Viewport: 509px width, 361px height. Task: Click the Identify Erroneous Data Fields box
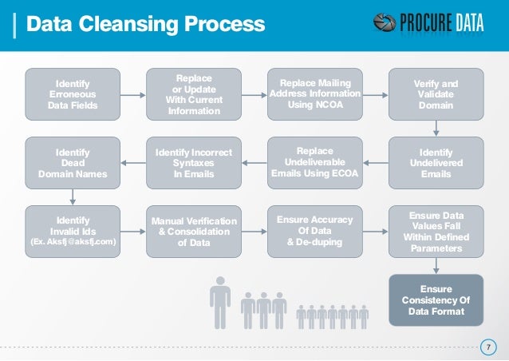tap(73, 94)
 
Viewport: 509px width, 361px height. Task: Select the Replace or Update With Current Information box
tap(192, 94)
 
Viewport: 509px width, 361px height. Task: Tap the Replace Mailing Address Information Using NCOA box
tap(314, 94)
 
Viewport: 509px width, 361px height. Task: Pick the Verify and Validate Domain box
tap(436, 94)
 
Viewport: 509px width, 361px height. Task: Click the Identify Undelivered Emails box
tap(436, 163)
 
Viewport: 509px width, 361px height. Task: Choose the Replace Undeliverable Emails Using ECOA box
tap(314, 163)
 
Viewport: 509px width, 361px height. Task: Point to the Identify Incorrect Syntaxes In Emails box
tap(192, 163)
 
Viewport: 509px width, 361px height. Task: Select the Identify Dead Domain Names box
tap(73, 163)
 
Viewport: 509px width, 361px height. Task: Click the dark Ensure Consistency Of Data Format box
tap(436, 300)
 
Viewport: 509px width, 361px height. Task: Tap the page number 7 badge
tap(486, 347)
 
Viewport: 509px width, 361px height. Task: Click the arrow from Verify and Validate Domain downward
tap(436, 128)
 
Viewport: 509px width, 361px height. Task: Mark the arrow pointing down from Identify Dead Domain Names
tap(73, 196)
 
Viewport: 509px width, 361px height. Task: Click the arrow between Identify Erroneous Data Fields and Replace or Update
tap(132, 94)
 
